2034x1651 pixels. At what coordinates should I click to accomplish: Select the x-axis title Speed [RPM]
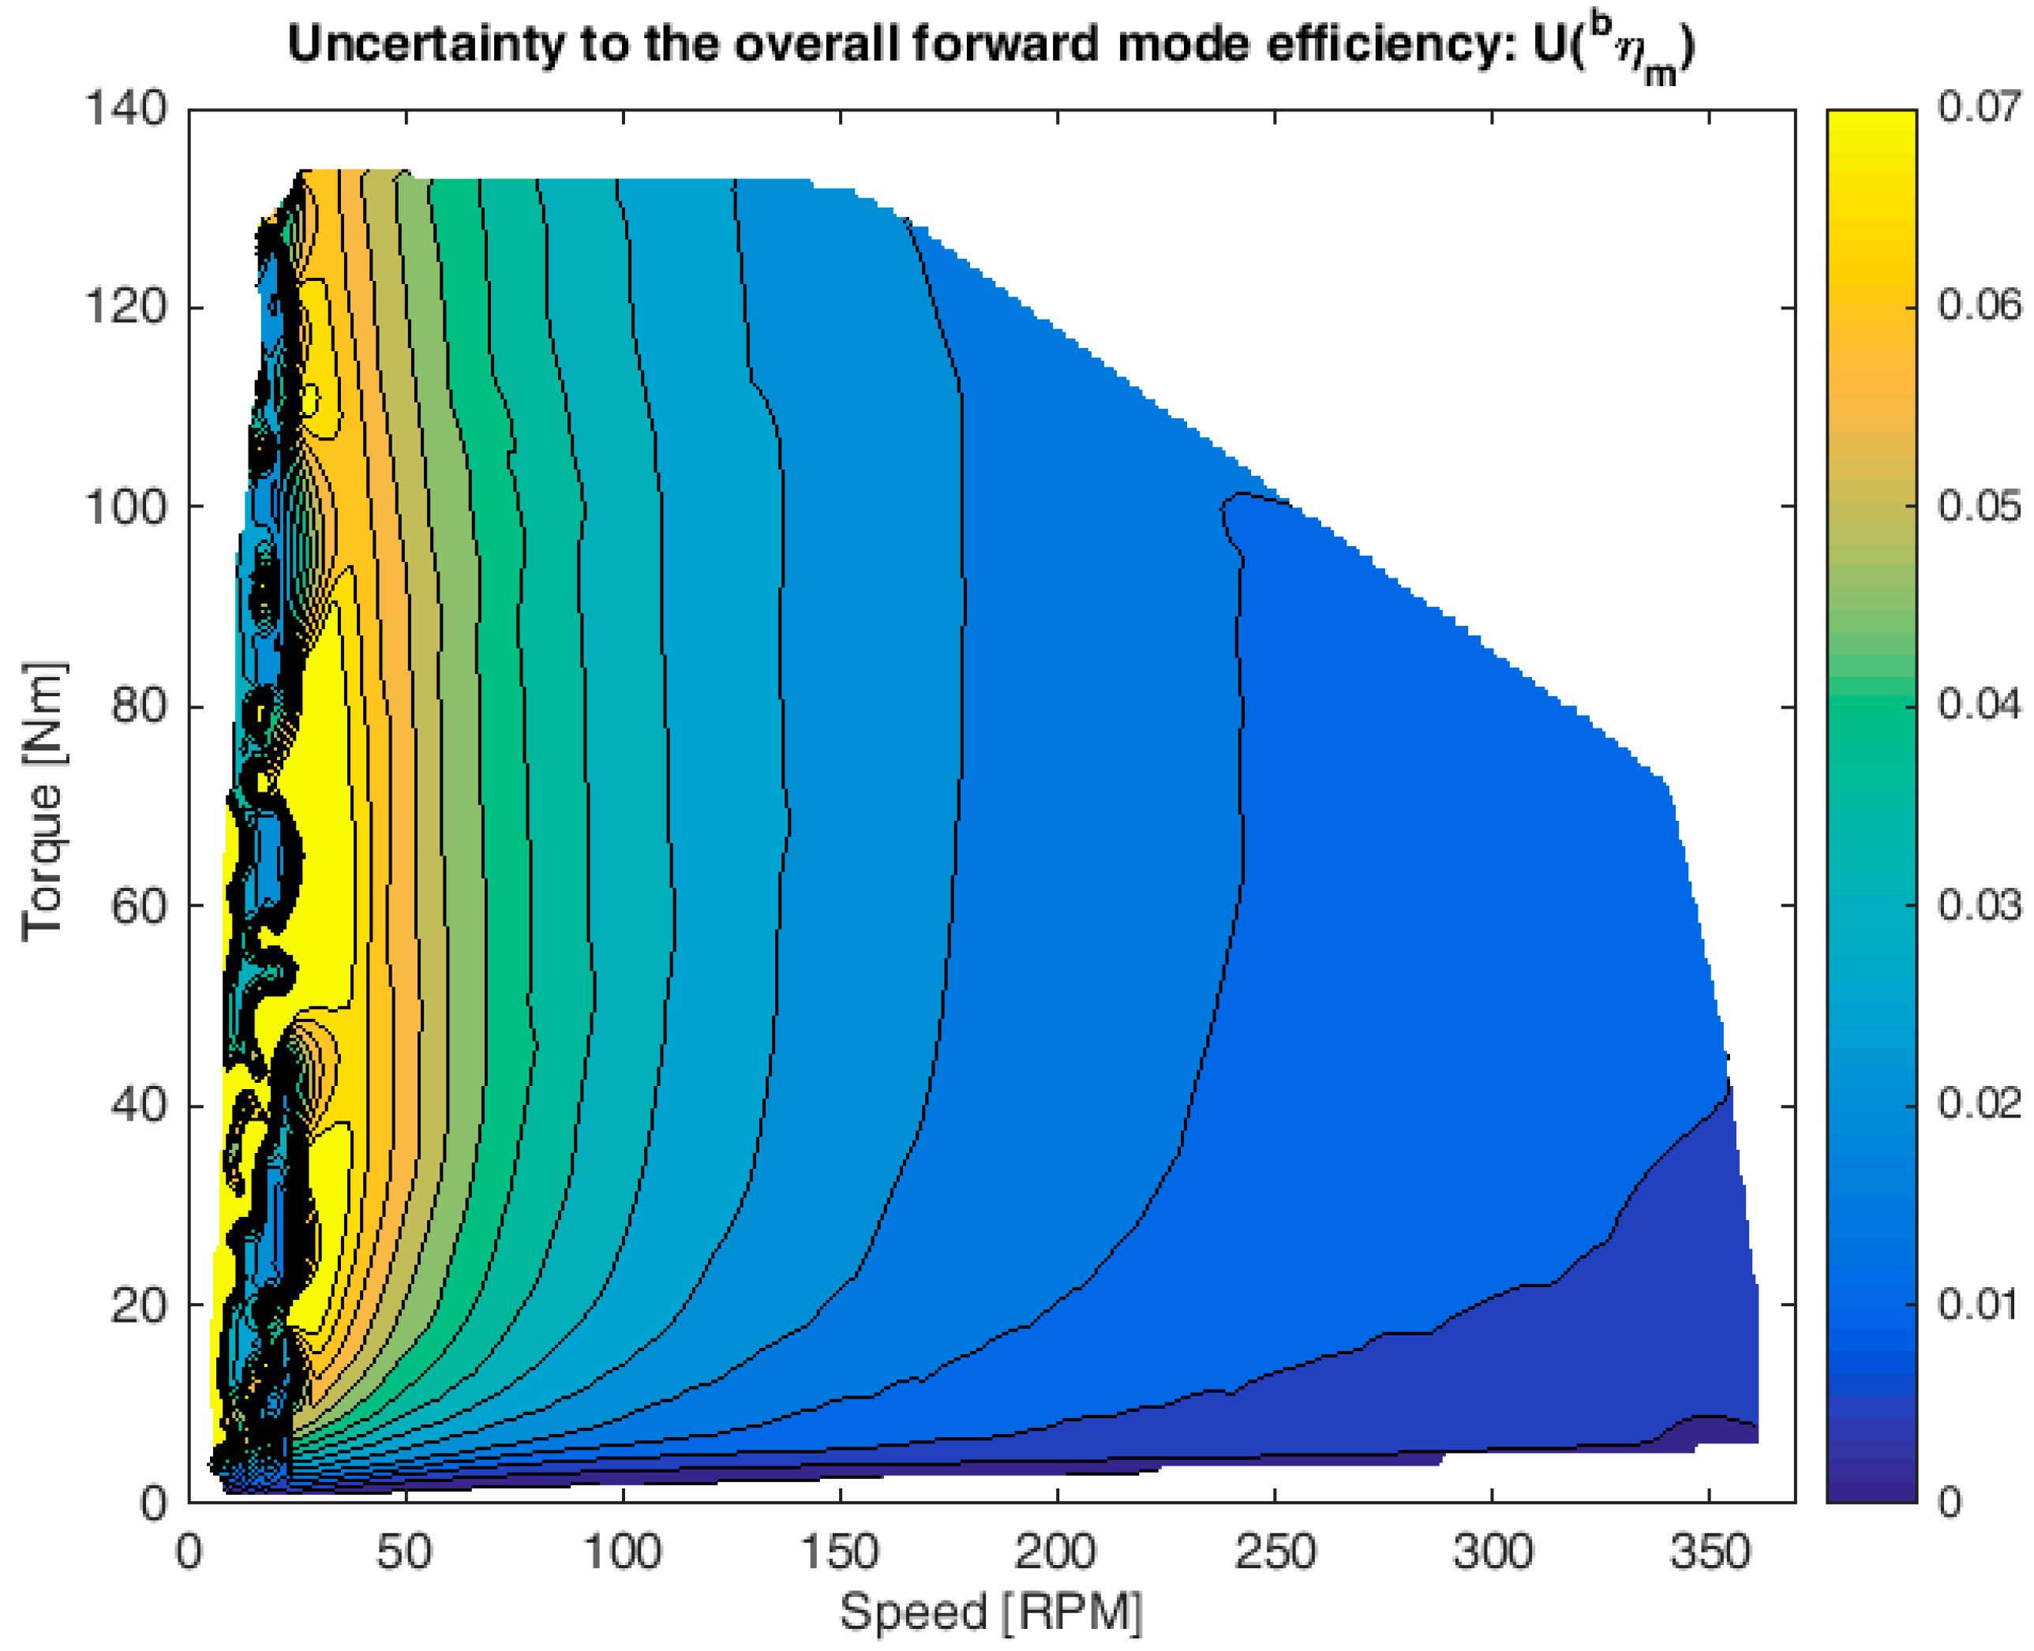[x=990, y=1612]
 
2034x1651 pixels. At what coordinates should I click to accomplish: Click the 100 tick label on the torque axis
[x=125, y=506]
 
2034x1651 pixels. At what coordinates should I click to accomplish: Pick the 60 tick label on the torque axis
[x=140, y=905]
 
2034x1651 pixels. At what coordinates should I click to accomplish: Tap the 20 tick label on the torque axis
[x=140, y=1305]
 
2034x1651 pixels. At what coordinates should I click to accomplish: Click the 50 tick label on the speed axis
[x=405, y=1552]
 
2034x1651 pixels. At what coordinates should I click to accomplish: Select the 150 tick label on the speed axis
[x=840, y=1552]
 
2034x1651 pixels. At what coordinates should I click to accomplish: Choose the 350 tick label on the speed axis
[x=1709, y=1552]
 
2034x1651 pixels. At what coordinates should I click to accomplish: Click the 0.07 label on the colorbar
[x=1979, y=107]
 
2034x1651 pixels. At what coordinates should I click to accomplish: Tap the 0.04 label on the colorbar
[x=1979, y=705]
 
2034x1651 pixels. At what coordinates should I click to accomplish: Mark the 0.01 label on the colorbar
[x=1979, y=1303]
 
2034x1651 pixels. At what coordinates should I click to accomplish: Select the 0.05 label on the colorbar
[x=1979, y=506]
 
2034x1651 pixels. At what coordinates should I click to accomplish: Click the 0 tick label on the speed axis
[x=189, y=1552]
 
